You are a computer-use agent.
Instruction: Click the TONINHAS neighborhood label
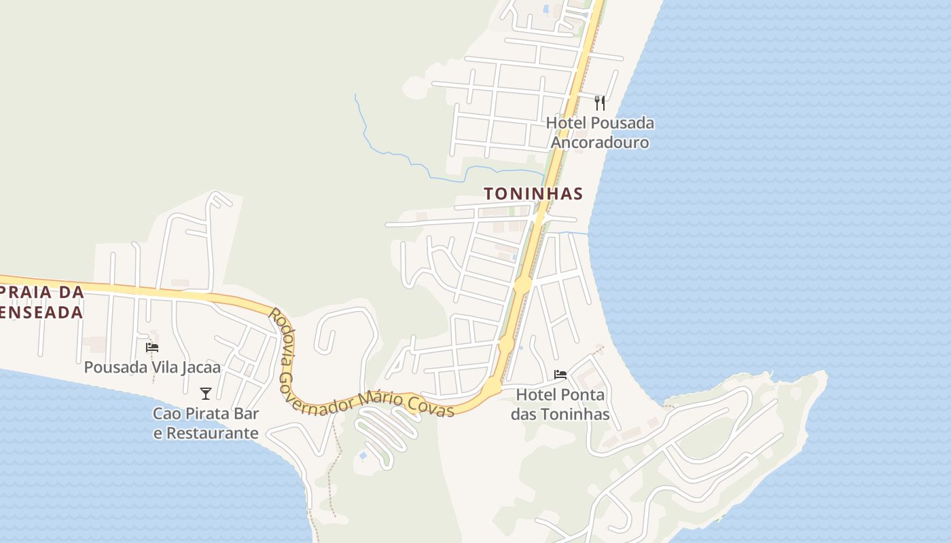coord(533,193)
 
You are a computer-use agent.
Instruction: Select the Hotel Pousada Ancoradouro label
coord(600,132)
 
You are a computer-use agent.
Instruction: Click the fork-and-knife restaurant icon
coord(600,103)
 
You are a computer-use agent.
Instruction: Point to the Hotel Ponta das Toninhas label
coord(560,404)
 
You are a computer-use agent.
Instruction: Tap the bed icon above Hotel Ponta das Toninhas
coord(560,374)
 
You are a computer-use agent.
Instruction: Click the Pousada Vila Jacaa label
coord(152,367)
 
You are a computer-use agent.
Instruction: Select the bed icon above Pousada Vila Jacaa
coord(152,347)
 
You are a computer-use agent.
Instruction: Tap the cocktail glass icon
coord(206,393)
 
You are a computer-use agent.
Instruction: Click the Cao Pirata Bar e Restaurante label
coord(206,423)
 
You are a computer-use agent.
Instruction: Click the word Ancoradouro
coord(600,143)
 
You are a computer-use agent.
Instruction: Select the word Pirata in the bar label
coord(204,413)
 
